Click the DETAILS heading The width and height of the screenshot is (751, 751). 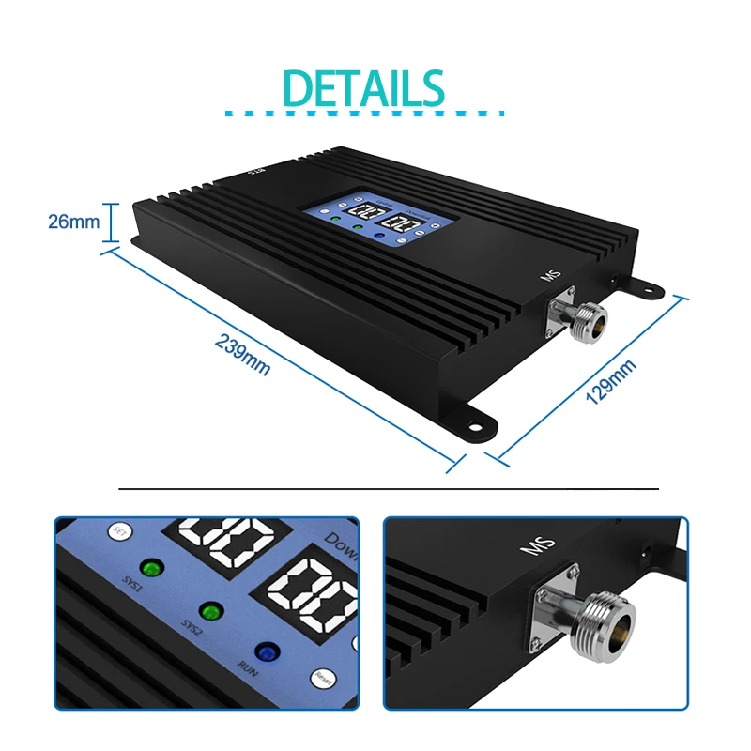363,88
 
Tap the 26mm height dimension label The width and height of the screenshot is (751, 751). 73,222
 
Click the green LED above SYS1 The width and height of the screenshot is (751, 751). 149,568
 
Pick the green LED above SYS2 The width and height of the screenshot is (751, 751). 212,611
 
